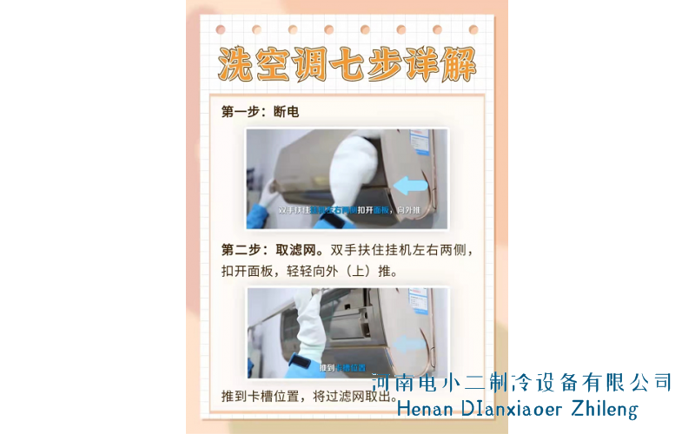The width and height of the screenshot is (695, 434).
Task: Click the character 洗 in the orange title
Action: coord(236,63)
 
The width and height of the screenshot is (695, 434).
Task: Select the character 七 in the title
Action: coord(347,63)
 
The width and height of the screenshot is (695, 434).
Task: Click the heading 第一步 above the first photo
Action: coord(240,112)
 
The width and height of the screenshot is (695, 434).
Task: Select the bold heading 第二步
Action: coord(240,250)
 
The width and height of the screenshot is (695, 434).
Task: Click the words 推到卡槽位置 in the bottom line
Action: coord(263,397)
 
